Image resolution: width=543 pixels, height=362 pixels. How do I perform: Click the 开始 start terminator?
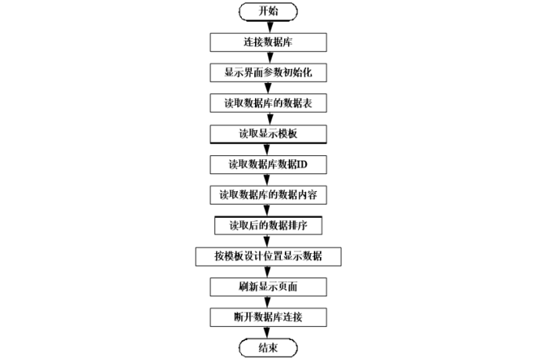pyautogui.click(x=268, y=11)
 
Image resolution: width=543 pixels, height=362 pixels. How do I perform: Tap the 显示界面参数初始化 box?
pyautogui.click(x=268, y=72)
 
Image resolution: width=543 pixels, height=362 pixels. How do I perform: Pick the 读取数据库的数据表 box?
pyautogui.click(x=268, y=103)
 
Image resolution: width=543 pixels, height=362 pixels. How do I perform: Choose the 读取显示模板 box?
pyautogui.click(x=268, y=133)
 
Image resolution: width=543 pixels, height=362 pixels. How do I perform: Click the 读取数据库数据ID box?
pyautogui.click(x=268, y=164)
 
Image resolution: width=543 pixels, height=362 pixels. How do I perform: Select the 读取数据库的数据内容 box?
pyautogui.click(x=268, y=194)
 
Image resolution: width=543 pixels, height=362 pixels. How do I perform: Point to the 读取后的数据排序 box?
pyautogui.click(x=268, y=225)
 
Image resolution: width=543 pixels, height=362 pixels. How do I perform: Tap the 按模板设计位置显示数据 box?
pyautogui.click(x=268, y=256)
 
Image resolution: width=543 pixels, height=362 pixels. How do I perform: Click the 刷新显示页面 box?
pyautogui.click(x=268, y=287)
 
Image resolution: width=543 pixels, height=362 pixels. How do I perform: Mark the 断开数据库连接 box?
pyautogui.click(x=268, y=317)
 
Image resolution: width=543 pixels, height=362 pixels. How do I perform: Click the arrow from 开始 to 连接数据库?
pyautogui.click(x=268, y=26)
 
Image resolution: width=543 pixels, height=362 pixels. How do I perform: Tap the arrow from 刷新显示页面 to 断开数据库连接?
pyautogui.click(x=268, y=302)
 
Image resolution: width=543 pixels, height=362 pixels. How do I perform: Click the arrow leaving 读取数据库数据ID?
pyautogui.click(x=268, y=179)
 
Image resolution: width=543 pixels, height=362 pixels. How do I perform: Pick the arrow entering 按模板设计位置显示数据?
pyautogui.click(x=268, y=241)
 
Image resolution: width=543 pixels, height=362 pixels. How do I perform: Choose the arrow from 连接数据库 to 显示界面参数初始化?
pyautogui.click(x=268, y=57)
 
